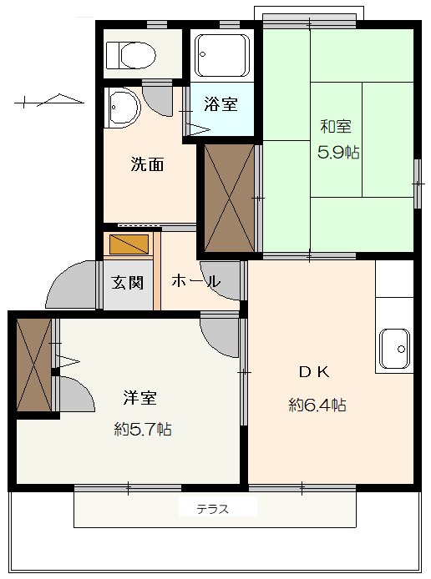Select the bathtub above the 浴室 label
(x=222, y=55)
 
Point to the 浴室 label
(x=221, y=105)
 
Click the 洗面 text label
(x=146, y=164)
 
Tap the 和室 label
(x=335, y=128)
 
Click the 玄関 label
(x=128, y=282)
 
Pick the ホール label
(x=195, y=282)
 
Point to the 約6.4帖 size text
(x=317, y=405)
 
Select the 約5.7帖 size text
(x=143, y=430)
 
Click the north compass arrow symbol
(x=50, y=101)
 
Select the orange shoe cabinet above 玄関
(x=128, y=245)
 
